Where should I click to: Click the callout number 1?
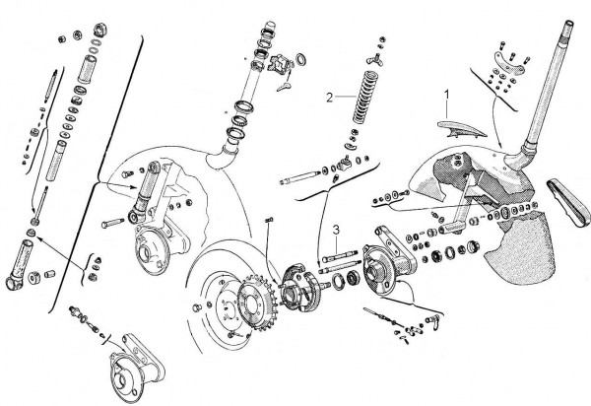click(x=445, y=97)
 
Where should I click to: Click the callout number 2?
click(x=332, y=97)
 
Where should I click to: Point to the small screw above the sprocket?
click(x=269, y=221)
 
